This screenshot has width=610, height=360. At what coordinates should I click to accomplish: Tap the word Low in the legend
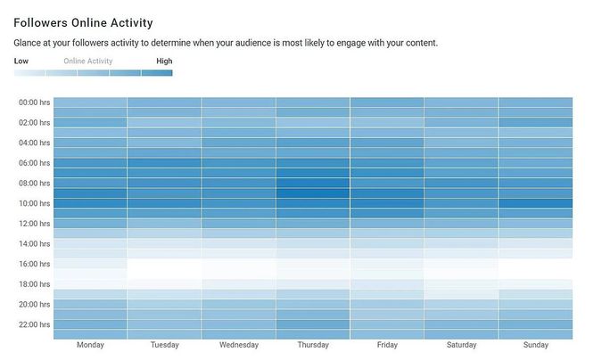pyautogui.click(x=21, y=61)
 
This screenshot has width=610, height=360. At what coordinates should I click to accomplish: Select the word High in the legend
pyautogui.click(x=164, y=61)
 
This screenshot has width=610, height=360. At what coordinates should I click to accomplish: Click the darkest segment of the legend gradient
pyautogui.click(x=157, y=73)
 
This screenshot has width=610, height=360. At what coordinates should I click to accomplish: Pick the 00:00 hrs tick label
pyautogui.click(x=34, y=102)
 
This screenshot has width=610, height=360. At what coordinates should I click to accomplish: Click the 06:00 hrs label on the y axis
pyautogui.click(x=34, y=163)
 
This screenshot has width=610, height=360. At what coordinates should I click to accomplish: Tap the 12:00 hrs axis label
pyautogui.click(x=34, y=224)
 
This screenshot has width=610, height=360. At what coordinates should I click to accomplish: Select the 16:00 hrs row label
pyautogui.click(x=34, y=264)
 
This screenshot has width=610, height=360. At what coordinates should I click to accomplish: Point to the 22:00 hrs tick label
pyautogui.click(x=34, y=324)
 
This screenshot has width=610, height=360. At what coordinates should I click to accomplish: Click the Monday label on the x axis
pyautogui.click(x=90, y=345)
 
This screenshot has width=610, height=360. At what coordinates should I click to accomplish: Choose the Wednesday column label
pyautogui.click(x=238, y=345)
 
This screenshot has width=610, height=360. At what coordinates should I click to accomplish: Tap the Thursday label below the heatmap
pyautogui.click(x=312, y=345)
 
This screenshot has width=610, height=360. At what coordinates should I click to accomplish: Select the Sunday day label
pyautogui.click(x=535, y=345)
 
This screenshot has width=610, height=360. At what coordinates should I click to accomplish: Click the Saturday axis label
pyautogui.click(x=461, y=345)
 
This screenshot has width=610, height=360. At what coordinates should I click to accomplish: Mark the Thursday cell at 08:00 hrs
pyautogui.click(x=312, y=183)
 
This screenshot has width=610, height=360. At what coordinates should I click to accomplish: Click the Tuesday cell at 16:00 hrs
pyautogui.click(x=164, y=264)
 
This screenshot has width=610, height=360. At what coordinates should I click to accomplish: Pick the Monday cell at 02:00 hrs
pyautogui.click(x=90, y=122)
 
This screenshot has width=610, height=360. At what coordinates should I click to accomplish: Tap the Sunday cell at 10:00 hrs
pyautogui.click(x=535, y=203)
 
